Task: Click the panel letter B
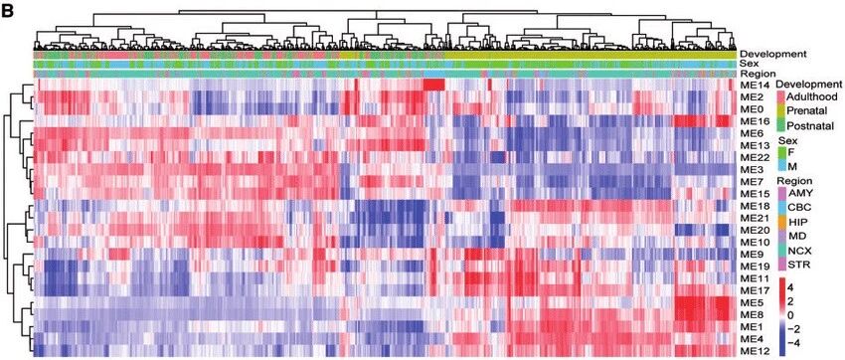(x=10, y=11)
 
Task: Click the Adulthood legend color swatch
(x=779, y=96)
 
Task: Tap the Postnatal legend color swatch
(x=779, y=125)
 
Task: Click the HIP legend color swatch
(x=779, y=222)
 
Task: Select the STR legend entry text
(x=797, y=265)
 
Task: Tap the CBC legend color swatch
(x=779, y=208)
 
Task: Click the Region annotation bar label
(x=758, y=74)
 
